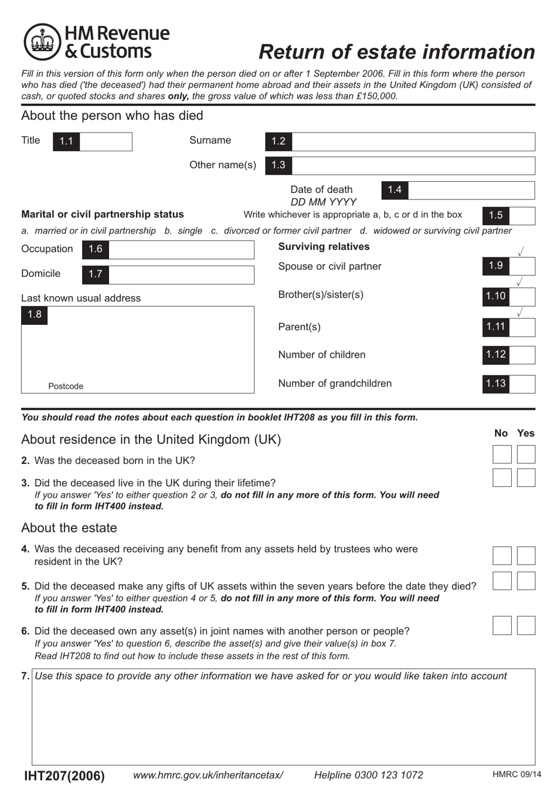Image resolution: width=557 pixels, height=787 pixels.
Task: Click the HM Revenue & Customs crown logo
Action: pyautogui.click(x=42, y=42)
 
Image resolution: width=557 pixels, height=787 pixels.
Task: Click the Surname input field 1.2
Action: pyautogui.click(x=413, y=141)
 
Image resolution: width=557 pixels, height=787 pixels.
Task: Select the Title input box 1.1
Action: pyautogui.click(x=106, y=141)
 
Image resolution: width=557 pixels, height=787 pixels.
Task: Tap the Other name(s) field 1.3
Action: pyautogui.click(x=413, y=165)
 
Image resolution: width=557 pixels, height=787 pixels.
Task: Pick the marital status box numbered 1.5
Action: pyautogui.click(x=522, y=216)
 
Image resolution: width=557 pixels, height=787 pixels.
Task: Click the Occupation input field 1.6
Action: pyautogui.click(x=181, y=249)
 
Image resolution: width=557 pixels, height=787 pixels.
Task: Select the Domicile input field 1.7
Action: pyautogui.click(x=181, y=274)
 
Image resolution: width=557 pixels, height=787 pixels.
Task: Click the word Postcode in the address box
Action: pyautogui.click(x=66, y=386)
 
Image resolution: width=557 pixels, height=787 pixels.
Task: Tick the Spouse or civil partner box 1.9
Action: pyautogui.click(x=522, y=266)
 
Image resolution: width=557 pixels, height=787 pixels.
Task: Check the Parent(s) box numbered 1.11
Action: pyautogui.click(x=522, y=327)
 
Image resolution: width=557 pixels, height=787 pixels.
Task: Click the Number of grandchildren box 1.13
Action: pyautogui.click(x=522, y=384)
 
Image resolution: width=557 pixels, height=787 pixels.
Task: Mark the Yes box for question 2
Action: pyautogui.click(x=526, y=454)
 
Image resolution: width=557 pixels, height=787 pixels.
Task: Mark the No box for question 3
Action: pyautogui.click(x=502, y=477)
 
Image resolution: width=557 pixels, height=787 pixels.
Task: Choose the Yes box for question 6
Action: pyautogui.click(x=526, y=625)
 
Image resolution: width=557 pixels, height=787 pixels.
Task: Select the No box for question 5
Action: pyautogui.click(x=502, y=581)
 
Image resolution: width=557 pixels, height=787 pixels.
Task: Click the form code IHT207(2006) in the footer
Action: pyautogui.click(x=64, y=775)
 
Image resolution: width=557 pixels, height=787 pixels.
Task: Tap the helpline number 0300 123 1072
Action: pyautogui.click(x=368, y=775)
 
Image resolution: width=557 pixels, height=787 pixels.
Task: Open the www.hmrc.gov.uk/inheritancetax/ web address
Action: pyautogui.click(x=208, y=775)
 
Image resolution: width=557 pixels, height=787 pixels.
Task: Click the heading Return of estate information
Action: pyautogui.click(x=396, y=52)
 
